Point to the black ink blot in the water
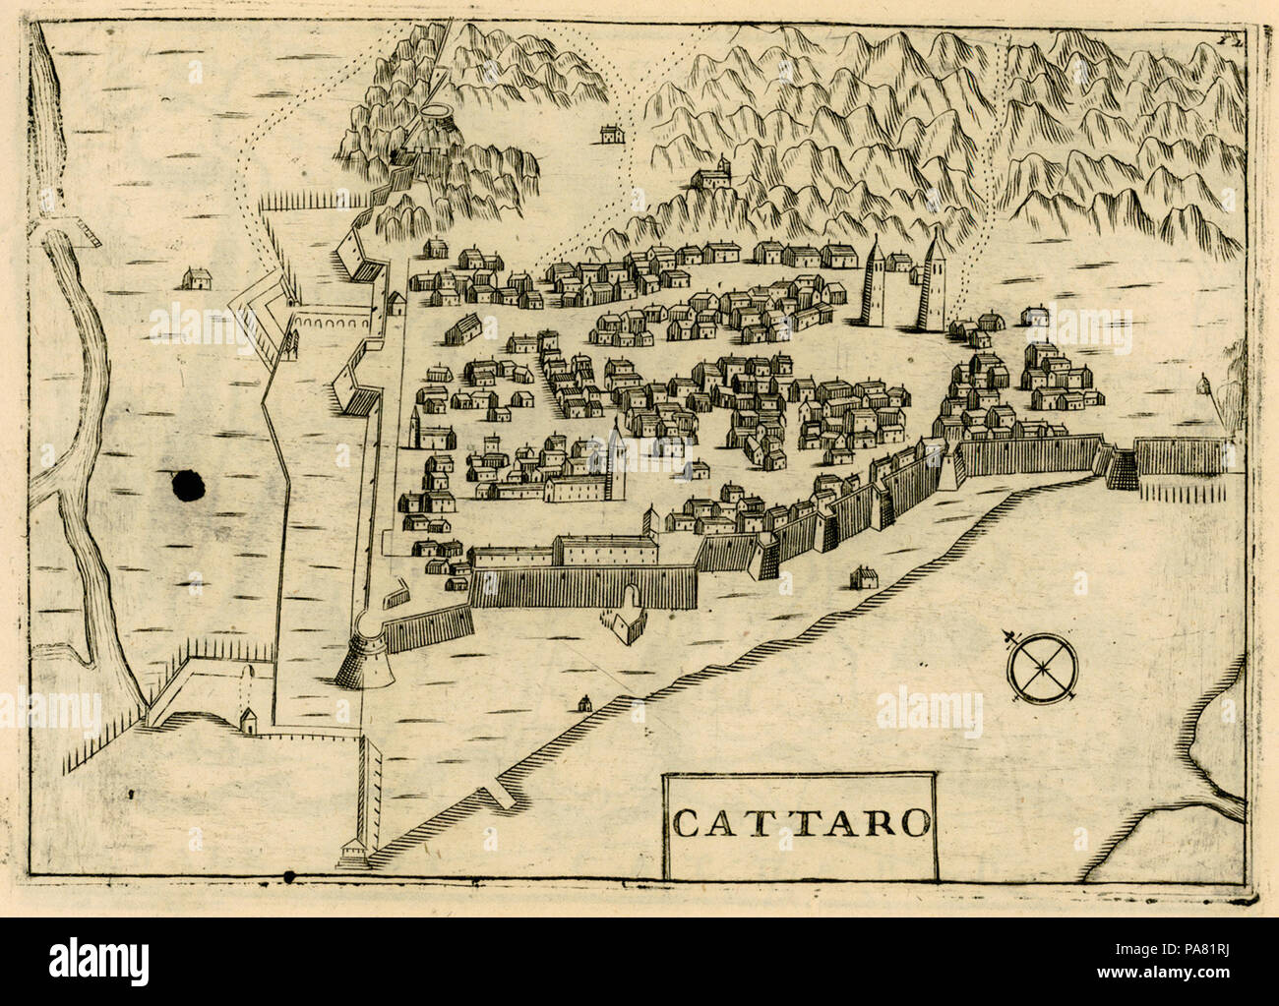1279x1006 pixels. (x=187, y=484)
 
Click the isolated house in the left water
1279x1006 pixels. (x=197, y=279)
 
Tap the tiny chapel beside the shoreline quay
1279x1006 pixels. (x=584, y=702)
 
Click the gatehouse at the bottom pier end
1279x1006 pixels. (x=350, y=853)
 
